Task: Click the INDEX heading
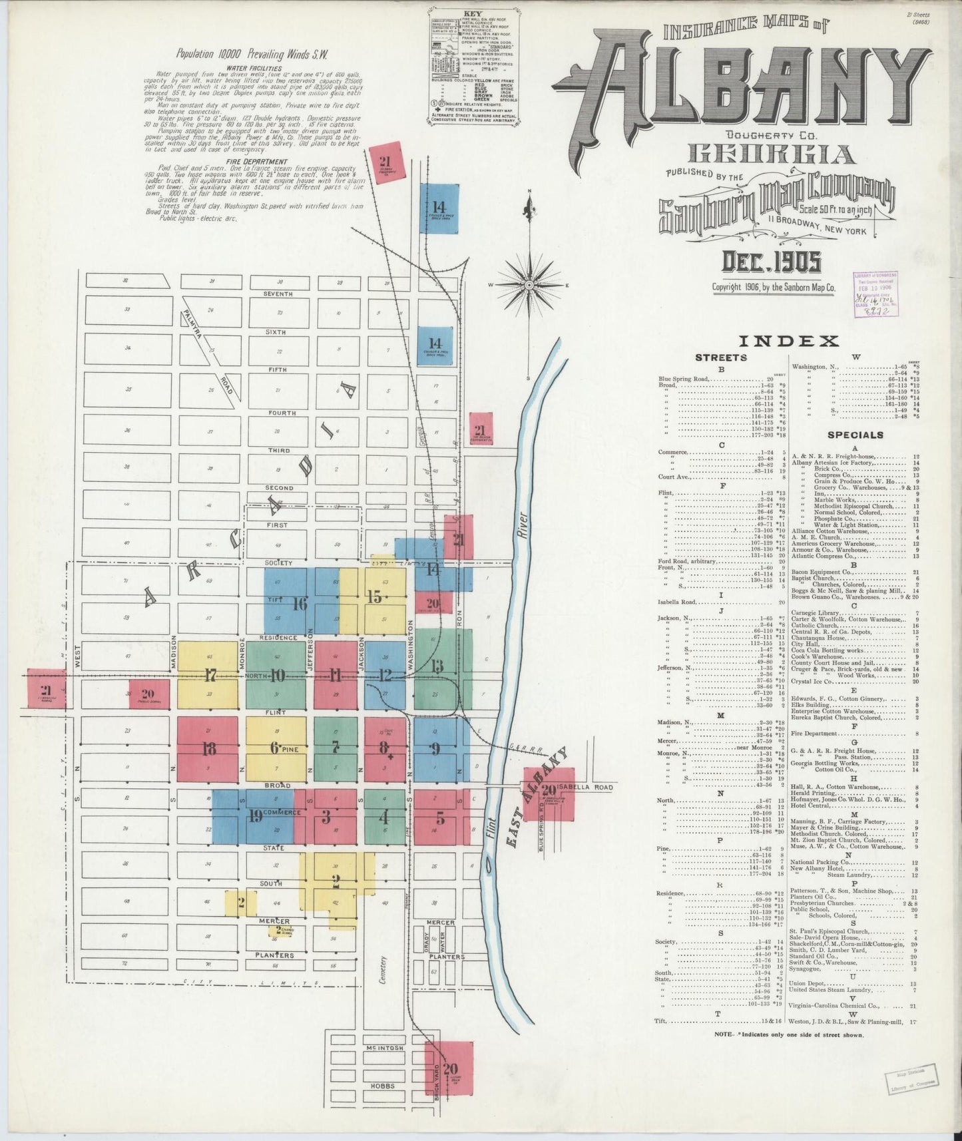click(788, 342)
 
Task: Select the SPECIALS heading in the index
click(855, 435)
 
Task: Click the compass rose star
click(529, 286)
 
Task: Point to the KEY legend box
click(473, 67)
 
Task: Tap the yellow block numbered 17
click(209, 676)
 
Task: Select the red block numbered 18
click(208, 749)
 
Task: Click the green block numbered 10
click(276, 676)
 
